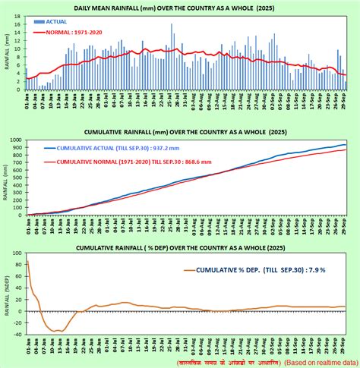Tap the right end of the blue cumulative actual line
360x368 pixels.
pyautogui.click(x=346, y=145)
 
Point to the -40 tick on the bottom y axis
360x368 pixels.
pyautogui.click(x=16, y=333)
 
